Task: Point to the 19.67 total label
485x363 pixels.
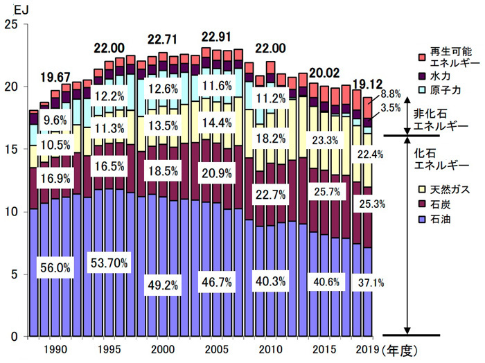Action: (56, 76)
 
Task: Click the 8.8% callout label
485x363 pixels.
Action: (390, 94)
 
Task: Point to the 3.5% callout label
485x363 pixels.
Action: (390, 108)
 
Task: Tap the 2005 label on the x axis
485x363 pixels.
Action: (216, 349)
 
